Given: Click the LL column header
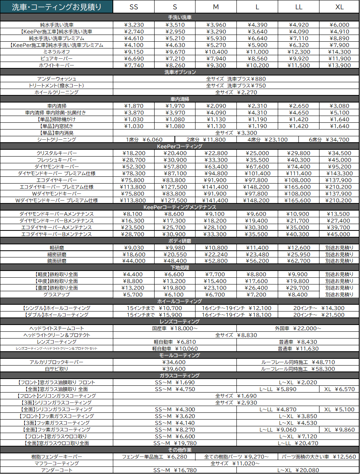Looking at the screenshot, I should click(x=298, y=7).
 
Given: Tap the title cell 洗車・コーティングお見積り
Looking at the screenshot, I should click(x=56, y=7).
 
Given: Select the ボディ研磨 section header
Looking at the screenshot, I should click(x=180, y=241).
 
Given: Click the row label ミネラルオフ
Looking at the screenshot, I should click(x=56, y=52).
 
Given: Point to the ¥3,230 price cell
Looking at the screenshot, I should click(x=134, y=25).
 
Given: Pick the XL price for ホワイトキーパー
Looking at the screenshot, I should click(x=339, y=65).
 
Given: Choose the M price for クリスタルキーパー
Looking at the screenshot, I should click(x=216, y=153).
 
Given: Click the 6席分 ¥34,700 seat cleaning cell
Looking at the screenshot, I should click(x=329, y=139).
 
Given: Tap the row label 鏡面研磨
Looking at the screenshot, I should click(x=56, y=261).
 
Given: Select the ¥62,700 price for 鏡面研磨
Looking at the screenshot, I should click(x=298, y=261).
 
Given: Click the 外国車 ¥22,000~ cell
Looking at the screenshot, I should click(x=298, y=328).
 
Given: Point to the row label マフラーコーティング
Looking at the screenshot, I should click(x=56, y=463).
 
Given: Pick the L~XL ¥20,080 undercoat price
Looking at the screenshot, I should click(x=298, y=470).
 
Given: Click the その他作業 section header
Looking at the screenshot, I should click(x=180, y=450).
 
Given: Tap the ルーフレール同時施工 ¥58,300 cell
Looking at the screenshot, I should click(x=298, y=369).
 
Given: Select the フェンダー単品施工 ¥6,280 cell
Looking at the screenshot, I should click(x=154, y=457).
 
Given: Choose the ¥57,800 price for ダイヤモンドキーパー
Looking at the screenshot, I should click(x=175, y=166).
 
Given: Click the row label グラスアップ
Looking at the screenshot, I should click(x=56, y=294).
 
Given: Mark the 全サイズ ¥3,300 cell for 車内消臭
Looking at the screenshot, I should click(x=236, y=133).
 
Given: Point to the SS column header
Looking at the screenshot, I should click(x=134, y=7).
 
